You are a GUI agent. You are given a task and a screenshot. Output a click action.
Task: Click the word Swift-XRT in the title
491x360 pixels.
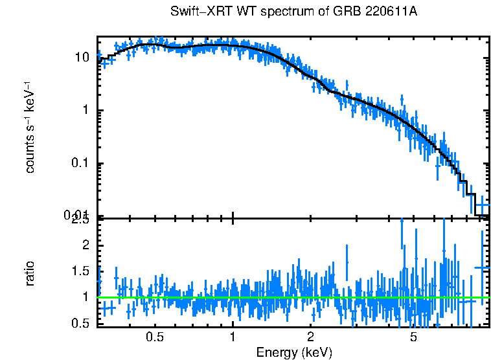point(198,12)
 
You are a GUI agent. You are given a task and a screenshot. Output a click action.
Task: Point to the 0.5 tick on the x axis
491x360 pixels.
point(155,337)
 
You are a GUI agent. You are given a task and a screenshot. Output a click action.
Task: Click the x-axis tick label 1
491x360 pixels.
point(233,337)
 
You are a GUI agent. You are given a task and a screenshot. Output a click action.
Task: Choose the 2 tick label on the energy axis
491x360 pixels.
point(311,337)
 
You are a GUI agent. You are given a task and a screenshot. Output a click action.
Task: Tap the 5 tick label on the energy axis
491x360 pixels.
point(413,337)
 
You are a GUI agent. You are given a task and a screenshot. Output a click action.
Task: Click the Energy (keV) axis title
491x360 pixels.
point(294,353)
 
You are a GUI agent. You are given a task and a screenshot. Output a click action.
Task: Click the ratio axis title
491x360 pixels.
point(30,273)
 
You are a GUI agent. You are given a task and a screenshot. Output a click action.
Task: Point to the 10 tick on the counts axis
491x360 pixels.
point(82,57)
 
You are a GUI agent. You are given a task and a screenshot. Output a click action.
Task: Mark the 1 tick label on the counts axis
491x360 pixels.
point(86,110)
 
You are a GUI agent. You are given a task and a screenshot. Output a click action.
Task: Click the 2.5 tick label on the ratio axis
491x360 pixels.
point(80,221)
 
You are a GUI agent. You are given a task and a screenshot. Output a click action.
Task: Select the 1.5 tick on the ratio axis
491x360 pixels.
point(80,271)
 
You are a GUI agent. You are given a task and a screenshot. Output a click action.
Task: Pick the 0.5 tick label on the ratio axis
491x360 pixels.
point(80,324)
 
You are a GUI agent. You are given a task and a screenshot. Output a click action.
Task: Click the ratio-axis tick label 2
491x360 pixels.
point(86,245)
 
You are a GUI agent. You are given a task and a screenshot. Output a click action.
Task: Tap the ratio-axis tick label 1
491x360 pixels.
point(86,297)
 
